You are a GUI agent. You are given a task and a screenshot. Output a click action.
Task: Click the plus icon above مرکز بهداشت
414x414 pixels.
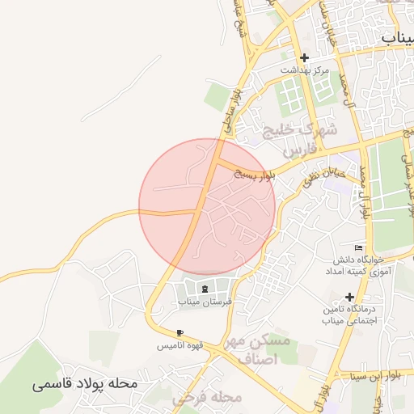(x=304, y=57)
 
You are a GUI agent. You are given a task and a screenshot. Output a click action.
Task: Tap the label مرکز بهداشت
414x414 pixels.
(x=305, y=70)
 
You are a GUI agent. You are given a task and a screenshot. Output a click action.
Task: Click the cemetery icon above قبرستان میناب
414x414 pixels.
(x=205, y=289)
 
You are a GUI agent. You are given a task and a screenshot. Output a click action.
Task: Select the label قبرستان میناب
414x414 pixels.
(x=205, y=302)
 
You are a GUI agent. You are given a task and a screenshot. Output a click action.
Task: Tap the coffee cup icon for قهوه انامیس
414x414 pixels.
(x=180, y=332)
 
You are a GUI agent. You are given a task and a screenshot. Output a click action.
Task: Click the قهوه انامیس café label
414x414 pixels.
(x=179, y=345)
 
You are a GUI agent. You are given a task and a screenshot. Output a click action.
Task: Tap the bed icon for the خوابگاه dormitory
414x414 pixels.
(x=359, y=247)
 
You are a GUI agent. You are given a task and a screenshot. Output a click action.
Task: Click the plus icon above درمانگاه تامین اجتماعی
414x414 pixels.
(x=349, y=297)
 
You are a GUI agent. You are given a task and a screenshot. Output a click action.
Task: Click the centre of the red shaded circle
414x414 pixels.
(x=207, y=207)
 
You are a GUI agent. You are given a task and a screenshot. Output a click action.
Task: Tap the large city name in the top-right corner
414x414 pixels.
(x=396, y=36)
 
